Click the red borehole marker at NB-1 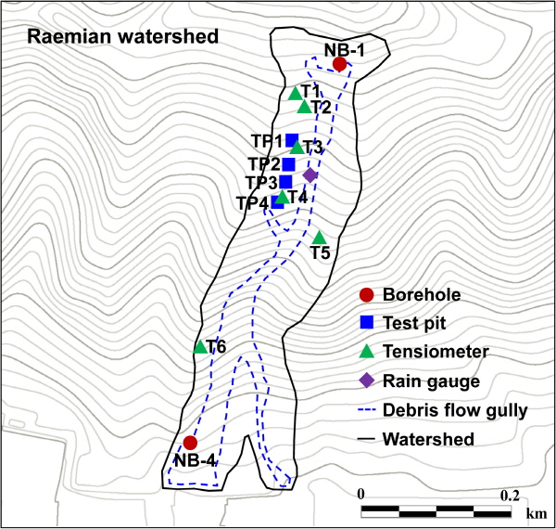(339, 64)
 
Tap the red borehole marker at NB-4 (190, 443)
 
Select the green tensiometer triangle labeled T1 (295, 94)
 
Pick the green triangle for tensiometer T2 (304, 107)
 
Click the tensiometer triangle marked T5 (319, 238)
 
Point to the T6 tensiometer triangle (200, 346)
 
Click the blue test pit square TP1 (292, 140)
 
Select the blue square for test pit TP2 (288, 164)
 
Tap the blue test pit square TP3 (285, 182)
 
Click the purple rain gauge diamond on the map (310, 175)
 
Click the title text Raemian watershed (122, 36)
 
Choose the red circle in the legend (366, 295)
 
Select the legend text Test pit (414, 323)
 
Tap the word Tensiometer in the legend (436, 352)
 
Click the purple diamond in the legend (367, 381)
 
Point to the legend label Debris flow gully (455, 411)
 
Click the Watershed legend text (428, 439)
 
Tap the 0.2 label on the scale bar (510, 495)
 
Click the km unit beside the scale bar (537, 513)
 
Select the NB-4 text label (195, 461)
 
